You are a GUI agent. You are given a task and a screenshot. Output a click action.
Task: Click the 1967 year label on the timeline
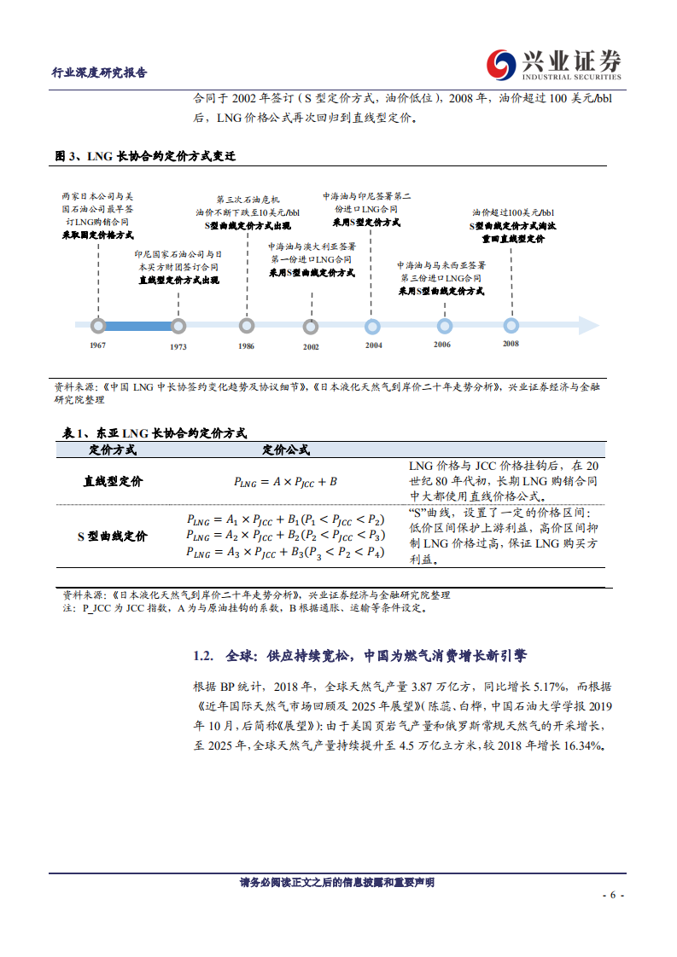point(97,345)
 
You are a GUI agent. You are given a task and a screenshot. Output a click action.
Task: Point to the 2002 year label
point(311,346)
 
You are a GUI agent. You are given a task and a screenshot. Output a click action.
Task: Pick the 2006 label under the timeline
point(441,344)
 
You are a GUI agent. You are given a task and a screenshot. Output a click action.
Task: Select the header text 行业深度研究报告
point(100,72)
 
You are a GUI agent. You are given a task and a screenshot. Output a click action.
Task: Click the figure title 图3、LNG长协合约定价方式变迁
point(144,156)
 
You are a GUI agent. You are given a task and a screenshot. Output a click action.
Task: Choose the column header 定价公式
point(285,449)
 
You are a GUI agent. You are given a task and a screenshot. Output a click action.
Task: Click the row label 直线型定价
point(113,481)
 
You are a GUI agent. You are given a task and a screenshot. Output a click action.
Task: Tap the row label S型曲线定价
point(113,536)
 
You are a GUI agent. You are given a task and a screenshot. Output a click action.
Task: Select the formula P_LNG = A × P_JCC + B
point(285,482)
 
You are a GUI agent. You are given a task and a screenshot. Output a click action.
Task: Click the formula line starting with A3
point(285,553)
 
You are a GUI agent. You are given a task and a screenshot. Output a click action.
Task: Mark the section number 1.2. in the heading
point(202,656)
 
